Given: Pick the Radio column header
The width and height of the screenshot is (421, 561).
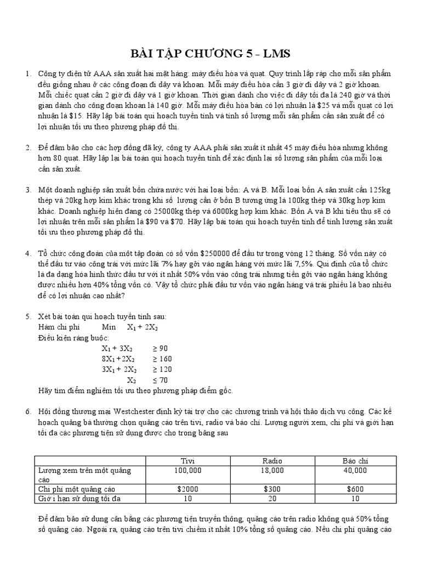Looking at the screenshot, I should [x=272, y=461].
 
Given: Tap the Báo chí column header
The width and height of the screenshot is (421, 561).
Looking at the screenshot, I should [x=356, y=461].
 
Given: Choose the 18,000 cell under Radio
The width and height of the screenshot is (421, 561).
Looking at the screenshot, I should [x=272, y=470].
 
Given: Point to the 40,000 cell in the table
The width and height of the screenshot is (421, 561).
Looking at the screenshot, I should [x=356, y=470].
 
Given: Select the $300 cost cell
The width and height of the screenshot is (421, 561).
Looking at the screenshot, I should [x=272, y=489].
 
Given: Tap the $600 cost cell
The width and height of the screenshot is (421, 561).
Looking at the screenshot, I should [x=356, y=489].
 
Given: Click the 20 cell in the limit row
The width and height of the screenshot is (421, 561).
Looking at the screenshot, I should [x=272, y=498].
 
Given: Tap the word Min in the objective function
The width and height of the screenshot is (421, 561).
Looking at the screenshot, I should [x=109, y=327].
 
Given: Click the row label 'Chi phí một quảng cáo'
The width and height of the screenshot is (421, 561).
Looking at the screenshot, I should [x=76, y=489].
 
